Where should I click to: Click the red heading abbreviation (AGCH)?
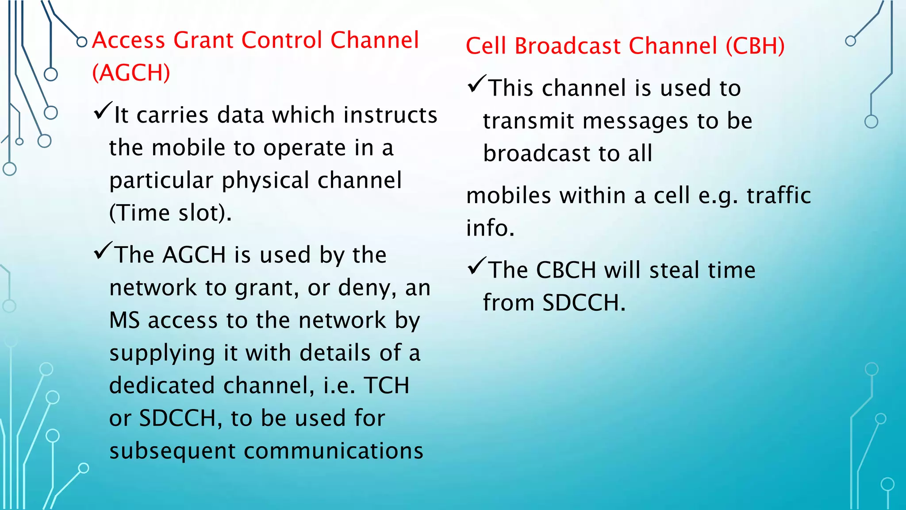[131, 73]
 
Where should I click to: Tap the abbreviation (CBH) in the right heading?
[755, 46]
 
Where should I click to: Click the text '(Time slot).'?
[170, 213]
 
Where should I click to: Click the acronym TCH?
[387, 386]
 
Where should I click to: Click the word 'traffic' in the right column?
[779, 195]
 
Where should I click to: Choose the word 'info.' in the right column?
[490, 228]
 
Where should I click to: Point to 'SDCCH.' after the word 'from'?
[584, 303]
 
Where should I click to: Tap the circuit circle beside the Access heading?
[81, 42]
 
